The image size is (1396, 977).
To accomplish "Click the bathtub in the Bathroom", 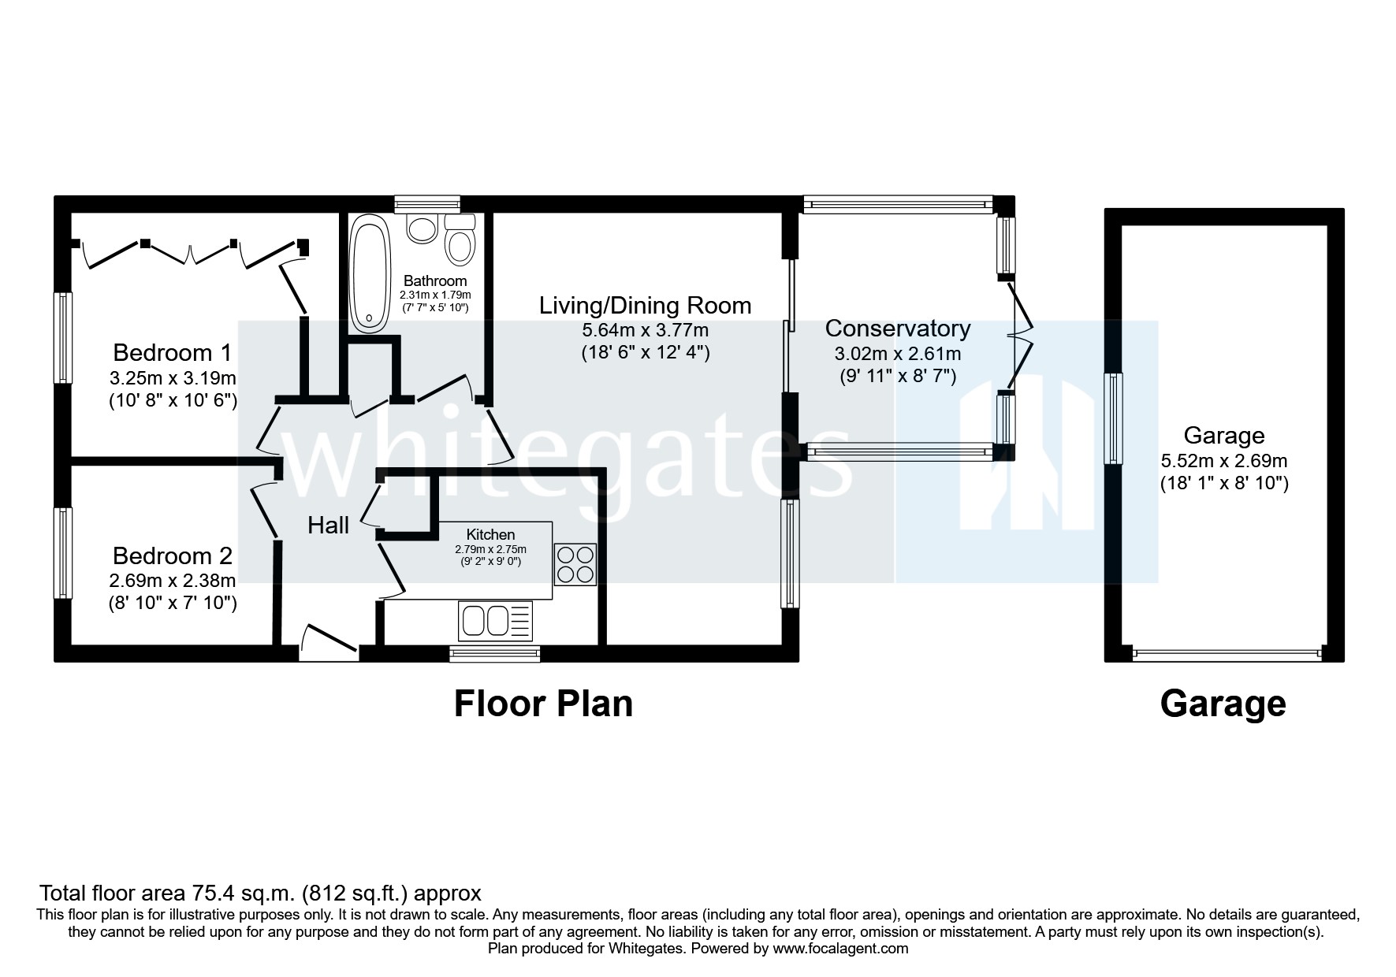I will click(370, 277).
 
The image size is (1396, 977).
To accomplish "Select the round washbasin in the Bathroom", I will click(423, 229).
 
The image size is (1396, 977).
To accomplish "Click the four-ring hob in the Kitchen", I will click(575, 564).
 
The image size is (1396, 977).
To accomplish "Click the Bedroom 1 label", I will click(173, 352).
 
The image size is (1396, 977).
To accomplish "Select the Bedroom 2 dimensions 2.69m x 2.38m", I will click(173, 581).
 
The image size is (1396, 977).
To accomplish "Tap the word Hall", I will click(328, 526).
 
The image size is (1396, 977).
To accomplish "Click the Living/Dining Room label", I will click(645, 306).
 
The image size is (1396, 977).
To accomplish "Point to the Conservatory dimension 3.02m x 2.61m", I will click(897, 354).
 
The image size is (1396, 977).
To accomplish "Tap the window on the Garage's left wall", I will click(1114, 418).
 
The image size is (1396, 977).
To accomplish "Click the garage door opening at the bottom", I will click(1225, 653).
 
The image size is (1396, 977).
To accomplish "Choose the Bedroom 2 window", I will click(63, 553).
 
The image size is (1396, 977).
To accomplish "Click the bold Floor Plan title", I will click(543, 704).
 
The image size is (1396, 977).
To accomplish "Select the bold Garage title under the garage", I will click(1223, 704).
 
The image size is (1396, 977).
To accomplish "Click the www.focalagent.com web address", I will click(840, 949).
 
